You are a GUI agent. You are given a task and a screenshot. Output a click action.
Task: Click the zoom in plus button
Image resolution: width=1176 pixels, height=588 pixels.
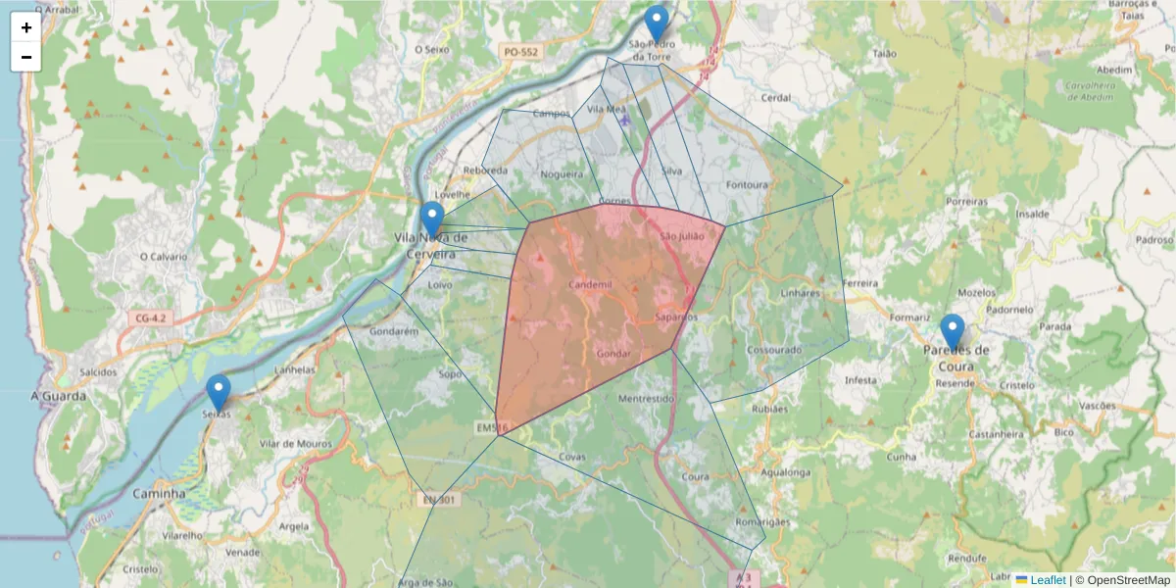click(26, 27)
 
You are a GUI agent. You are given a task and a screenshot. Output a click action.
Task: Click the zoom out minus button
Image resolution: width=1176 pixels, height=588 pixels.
click(26, 57)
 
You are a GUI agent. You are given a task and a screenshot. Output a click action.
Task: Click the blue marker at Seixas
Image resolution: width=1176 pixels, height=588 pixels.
click(219, 392)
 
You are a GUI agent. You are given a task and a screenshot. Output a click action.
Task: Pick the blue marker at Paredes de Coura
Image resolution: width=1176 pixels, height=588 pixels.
click(952, 332)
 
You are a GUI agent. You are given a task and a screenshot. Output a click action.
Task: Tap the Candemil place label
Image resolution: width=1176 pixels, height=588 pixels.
click(590, 284)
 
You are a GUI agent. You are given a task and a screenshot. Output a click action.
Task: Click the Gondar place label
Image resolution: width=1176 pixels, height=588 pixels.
click(612, 353)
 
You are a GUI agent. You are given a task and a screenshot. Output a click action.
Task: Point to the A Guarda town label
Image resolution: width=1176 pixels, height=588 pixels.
click(59, 396)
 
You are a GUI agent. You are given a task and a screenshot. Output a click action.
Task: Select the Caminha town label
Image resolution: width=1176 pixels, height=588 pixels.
click(159, 494)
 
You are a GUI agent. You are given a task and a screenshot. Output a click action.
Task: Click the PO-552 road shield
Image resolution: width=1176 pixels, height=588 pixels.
click(519, 51)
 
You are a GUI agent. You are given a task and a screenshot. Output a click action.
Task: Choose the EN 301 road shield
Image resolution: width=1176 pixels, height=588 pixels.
click(440, 500)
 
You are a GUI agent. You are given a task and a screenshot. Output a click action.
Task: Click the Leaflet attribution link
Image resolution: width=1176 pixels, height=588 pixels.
click(1048, 580)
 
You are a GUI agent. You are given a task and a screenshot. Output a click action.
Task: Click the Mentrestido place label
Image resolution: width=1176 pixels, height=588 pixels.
click(647, 399)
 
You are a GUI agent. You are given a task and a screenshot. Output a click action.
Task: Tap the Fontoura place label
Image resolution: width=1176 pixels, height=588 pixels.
click(748, 184)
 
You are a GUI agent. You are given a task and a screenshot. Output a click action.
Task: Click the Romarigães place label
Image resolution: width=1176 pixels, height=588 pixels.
click(762, 522)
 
